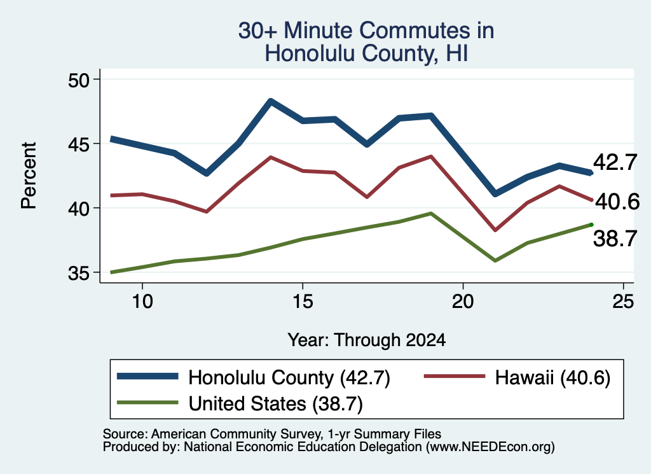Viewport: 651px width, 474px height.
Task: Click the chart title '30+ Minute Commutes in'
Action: [x=366, y=31]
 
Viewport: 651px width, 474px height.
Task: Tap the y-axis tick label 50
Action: [x=79, y=80]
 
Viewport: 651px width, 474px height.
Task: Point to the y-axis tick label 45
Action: [x=79, y=144]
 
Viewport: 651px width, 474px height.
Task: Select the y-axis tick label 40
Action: [x=79, y=209]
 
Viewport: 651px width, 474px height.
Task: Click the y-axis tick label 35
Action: [x=79, y=273]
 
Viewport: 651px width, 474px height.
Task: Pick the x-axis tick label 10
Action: [x=142, y=301]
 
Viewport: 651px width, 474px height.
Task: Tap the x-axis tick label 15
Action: [x=303, y=301]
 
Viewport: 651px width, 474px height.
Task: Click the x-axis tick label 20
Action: [x=463, y=301]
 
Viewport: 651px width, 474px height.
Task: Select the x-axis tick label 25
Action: [x=623, y=301]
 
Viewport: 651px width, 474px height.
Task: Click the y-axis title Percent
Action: [x=29, y=175]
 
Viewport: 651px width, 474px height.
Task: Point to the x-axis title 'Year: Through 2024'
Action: [x=367, y=340]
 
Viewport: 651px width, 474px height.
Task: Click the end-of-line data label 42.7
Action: [x=615, y=162]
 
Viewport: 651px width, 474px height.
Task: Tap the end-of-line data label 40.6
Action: [x=617, y=202]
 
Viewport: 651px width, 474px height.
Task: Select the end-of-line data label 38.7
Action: [x=615, y=239]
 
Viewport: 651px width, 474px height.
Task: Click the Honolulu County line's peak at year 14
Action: [x=271, y=101]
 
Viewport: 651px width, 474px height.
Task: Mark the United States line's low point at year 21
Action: [x=495, y=261]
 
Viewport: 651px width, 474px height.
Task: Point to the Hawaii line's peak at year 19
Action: [x=432, y=157]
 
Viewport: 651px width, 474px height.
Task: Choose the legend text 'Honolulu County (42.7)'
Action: [x=289, y=378]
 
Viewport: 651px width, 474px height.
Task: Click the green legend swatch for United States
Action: [x=147, y=403]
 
